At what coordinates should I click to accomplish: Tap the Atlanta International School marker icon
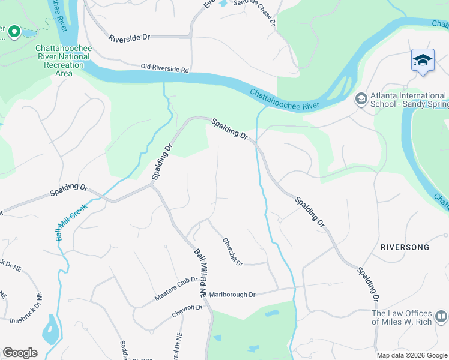pyautogui.click(x=361, y=98)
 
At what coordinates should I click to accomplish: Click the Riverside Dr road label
pyautogui.click(x=129, y=37)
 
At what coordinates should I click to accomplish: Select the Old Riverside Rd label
pyautogui.click(x=165, y=69)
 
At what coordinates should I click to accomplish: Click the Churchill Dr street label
pyautogui.click(x=232, y=252)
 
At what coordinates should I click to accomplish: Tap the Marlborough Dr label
pyautogui.click(x=232, y=295)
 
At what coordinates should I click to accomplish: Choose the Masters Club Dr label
pyautogui.click(x=176, y=289)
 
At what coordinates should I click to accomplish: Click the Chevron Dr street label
pyautogui.click(x=187, y=308)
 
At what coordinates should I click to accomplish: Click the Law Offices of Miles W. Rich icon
pyautogui.click(x=441, y=316)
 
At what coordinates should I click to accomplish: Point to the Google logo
pyautogui.click(x=20, y=353)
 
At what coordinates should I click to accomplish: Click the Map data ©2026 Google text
pyautogui.click(x=411, y=355)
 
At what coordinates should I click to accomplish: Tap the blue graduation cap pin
pyautogui.click(x=423, y=60)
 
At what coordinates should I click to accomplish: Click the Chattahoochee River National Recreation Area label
pyautogui.click(x=62, y=61)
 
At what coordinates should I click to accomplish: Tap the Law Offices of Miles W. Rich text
pyautogui.click(x=402, y=317)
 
